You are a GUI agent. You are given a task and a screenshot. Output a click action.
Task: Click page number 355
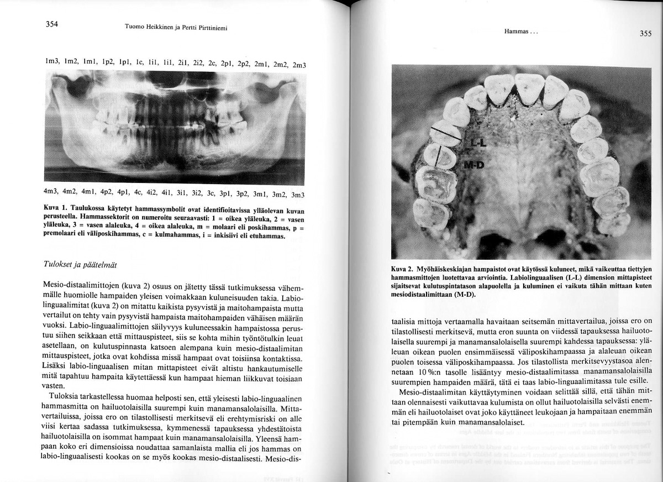pos(645,34)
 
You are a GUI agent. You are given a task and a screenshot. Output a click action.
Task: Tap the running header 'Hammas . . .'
pos(521,32)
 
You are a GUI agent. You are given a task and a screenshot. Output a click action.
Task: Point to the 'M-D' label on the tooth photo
pos(473,164)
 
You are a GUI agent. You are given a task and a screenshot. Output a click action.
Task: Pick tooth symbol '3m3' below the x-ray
pos(298,195)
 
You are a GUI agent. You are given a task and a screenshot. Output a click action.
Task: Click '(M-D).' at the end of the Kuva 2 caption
pos(464,295)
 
